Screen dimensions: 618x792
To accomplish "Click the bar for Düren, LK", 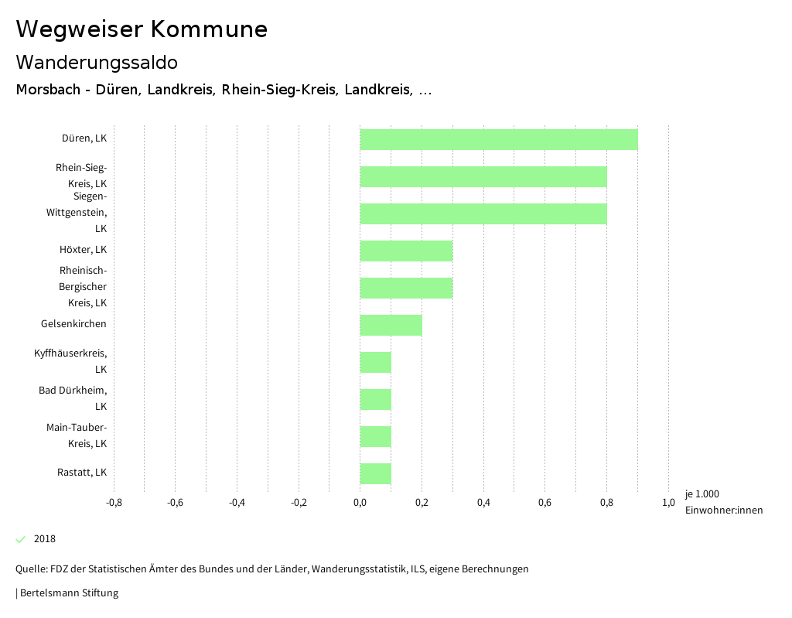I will pyautogui.click(x=499, y=139).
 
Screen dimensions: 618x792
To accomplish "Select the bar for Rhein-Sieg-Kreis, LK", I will pyautogui.click(x=483, y=176).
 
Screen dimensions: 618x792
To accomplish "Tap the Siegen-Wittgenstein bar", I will pyautogui.click(x=483, y=213).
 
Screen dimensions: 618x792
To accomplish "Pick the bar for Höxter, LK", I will pyautogui.click(x=406, y=251).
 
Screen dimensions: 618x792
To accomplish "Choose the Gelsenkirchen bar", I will pyautogui.click(x=391, y=325).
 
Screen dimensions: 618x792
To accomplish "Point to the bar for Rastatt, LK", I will pyautogui.click(x=375, y=473).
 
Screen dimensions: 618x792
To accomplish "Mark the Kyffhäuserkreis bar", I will pyautogui.click(x=375, y=362).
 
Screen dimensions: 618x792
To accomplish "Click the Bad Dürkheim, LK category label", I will pyautogui.click(x=73, y=398).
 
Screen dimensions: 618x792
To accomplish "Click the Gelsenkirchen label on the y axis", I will pyautogui.click(x=73, y=324).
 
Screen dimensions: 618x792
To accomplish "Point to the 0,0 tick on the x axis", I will pyautogui.click(x=360, y=503).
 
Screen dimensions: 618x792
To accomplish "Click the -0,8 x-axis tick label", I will pyautogui.click(x=114, y=503).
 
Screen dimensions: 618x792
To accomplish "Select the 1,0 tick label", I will pyautogui.click(x=668, y=503).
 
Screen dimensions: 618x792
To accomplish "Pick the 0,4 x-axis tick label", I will pyautogui.click(x=483, y=503).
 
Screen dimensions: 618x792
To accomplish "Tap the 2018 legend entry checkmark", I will pyautogui.click(x=21, y=539).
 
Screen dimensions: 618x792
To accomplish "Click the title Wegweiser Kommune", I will pyautogui.click(x=142, y=29).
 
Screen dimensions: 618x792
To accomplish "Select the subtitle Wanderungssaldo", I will pyautogui.click(x=97, y=62).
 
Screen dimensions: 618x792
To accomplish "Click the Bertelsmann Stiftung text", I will pyautogui.click(x=68, y=593).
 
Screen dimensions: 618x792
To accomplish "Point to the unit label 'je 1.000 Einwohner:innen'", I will pyautogui.click(x=723, y=502).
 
